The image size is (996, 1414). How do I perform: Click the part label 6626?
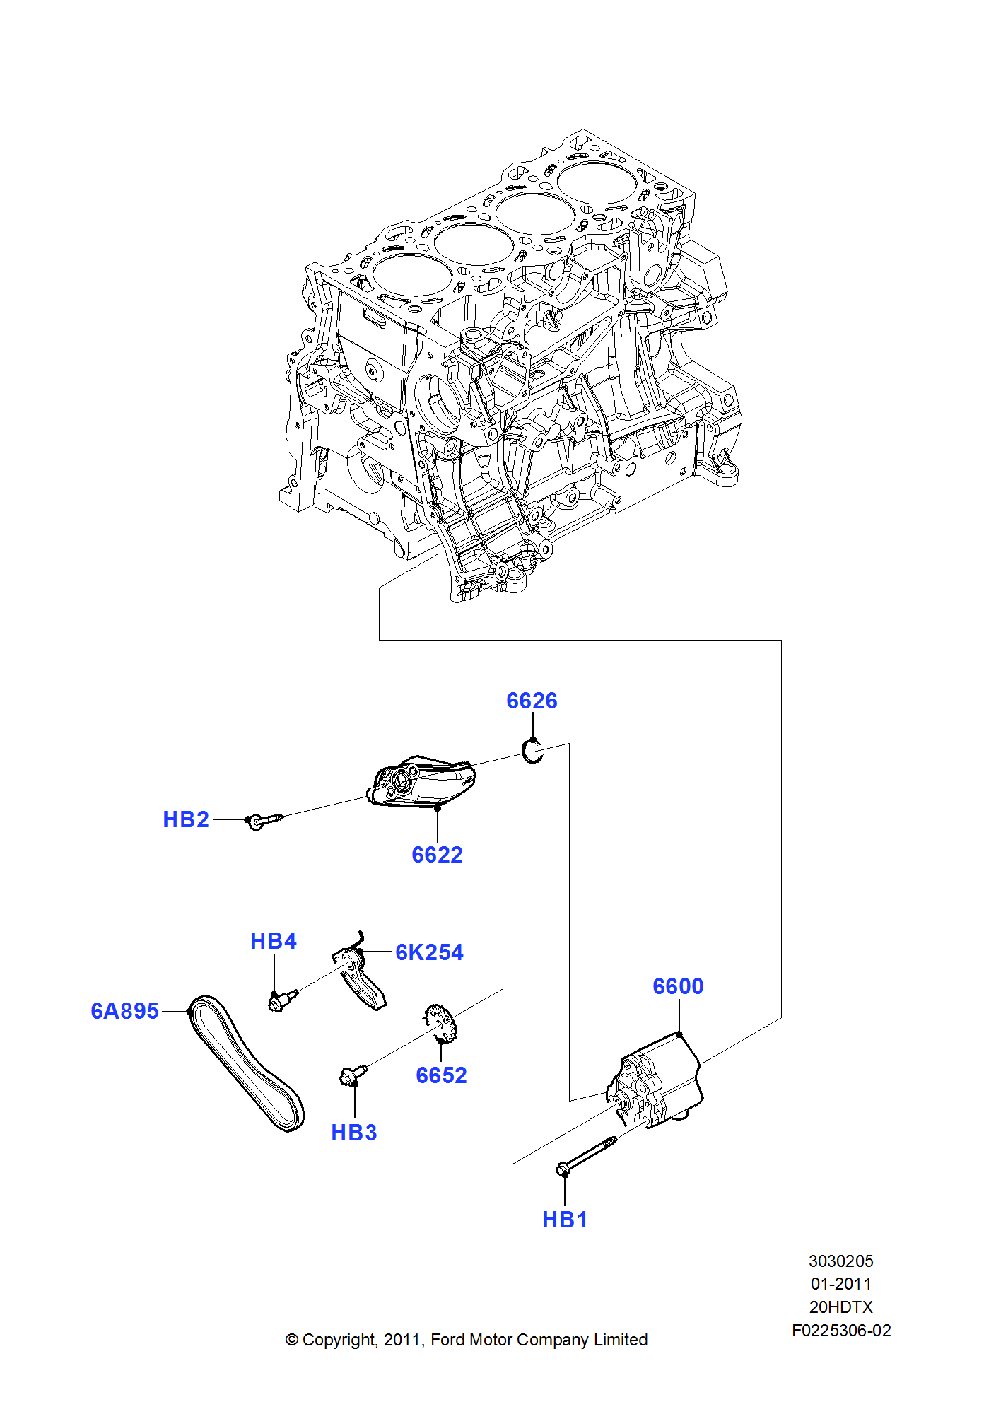532,701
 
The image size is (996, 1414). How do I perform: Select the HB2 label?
186,819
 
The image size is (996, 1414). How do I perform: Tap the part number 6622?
437,855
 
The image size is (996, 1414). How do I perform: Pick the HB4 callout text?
274,941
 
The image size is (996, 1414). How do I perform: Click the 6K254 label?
429,952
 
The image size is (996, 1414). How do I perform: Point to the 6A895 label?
124,1011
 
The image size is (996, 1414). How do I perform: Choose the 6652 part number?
441,1075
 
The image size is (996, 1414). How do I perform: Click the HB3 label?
354,1133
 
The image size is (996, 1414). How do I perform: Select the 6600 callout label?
678,986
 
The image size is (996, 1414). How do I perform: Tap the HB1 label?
565,1220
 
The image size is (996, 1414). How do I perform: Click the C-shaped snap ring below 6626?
532,750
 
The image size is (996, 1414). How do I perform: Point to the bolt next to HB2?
264,820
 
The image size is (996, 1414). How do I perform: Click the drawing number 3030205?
840,1261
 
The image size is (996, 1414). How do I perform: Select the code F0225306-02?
840,1331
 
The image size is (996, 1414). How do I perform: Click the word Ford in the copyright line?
448,1340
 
